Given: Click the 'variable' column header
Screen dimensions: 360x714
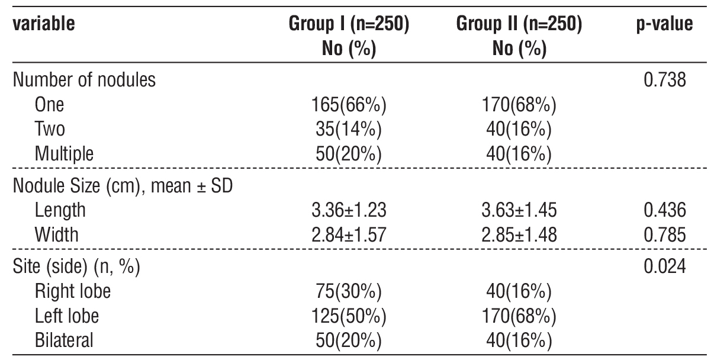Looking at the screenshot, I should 44,25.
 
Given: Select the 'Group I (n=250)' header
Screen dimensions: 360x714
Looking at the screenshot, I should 349,25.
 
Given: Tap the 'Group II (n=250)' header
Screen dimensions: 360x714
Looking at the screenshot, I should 519,25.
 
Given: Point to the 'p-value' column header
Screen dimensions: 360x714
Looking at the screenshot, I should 664,25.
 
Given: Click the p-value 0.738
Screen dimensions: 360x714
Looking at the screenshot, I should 664,80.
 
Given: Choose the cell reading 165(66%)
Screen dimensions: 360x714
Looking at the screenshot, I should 349,105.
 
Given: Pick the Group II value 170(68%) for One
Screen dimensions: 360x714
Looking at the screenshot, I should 519,105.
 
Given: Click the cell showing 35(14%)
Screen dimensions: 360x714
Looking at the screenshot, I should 349,130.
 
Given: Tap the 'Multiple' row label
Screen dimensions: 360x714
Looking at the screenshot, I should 64,155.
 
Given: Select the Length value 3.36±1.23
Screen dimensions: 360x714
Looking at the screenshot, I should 349,210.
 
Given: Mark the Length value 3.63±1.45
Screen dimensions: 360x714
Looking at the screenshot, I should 519,210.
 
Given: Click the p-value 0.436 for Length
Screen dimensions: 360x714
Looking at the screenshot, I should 664,210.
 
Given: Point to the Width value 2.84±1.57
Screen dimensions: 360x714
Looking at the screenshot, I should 349,235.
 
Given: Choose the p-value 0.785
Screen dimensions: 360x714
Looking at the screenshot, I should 664,235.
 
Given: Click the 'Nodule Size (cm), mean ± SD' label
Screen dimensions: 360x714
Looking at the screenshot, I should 123,185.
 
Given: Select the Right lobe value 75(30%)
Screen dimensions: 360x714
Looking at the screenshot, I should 349,291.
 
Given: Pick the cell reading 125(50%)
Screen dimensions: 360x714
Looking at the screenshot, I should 349,316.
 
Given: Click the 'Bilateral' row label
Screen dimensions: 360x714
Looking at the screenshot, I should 64,341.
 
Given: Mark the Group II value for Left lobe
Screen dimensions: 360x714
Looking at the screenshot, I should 519,316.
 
